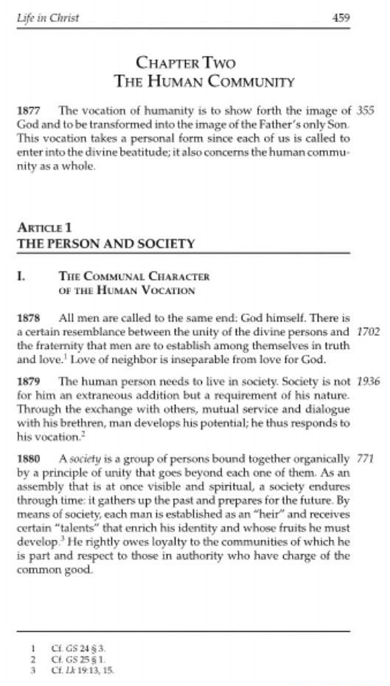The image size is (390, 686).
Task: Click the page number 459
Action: tap(341, 18)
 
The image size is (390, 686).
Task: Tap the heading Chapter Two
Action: tap(185, 63)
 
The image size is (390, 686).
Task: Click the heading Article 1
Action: tap(44, 228)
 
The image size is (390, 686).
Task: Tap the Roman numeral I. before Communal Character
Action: tap(21, 277)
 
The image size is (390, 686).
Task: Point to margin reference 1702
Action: tap(367, 331)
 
